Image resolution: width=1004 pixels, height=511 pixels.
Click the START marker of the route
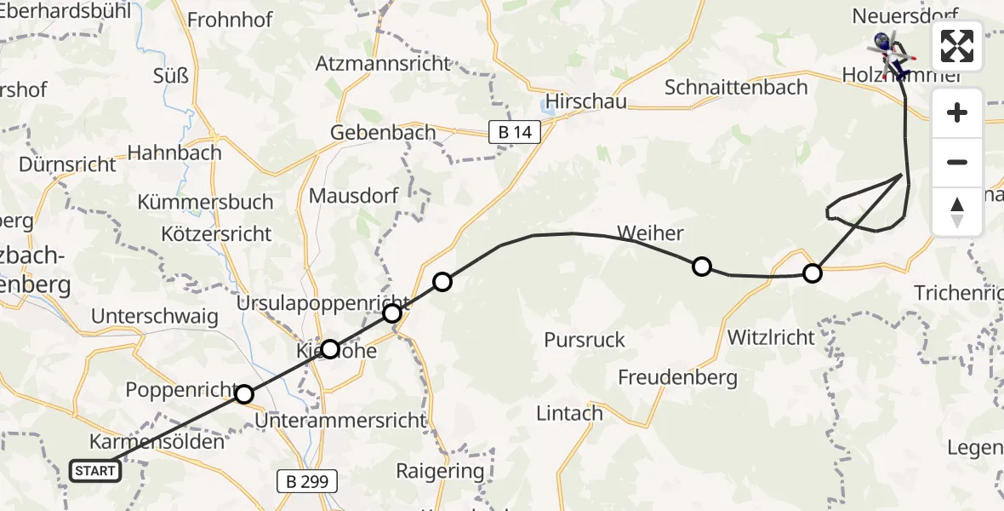click(94, 471)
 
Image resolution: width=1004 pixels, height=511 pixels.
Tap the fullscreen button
click(957, 46)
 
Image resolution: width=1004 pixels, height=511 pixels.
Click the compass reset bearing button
click(957, 212)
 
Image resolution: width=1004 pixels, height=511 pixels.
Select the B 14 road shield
click(515, 131)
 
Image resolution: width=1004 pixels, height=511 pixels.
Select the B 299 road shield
click(307, 481)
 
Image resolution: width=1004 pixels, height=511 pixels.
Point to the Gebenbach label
click(383, 133)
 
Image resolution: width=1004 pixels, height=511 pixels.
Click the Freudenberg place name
click(677, 376)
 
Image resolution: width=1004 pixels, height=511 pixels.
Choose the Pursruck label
click(585, 340)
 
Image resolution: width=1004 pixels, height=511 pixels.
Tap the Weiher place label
click(650, 233)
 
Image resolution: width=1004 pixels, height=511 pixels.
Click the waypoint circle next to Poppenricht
click(244, 394)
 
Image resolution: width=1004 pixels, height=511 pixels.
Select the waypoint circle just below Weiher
click(701, 267)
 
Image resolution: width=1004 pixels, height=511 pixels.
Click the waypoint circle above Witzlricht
click(813, 273)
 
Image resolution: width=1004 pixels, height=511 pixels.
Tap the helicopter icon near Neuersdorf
click(887, 51)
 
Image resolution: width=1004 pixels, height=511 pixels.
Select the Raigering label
click(440, 471)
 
